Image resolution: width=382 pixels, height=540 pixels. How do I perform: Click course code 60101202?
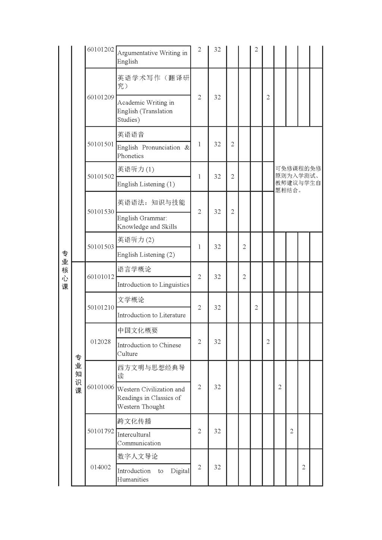pyautogui.click(x=100, y=49)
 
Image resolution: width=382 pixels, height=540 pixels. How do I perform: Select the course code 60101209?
pyautogui.click(x=100, y=97)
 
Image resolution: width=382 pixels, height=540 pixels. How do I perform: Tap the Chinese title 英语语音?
pyautogui.click(x=131, y=134)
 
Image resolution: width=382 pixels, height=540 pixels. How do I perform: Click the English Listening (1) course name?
pyautogui.click(x=146, y=184)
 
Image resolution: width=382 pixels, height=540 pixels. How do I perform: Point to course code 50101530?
pyautogui.click(x=100, y=211)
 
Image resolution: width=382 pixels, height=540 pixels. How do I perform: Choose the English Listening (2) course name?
pyautogui.click(x=146, y=255)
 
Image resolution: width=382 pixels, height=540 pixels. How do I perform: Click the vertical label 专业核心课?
pyautogui.click(x=65, y=270)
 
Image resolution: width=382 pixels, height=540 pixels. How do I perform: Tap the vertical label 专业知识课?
pyautogui.click(x=78, y=373)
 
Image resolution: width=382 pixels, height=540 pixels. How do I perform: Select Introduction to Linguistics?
pyautogui.click(x=153, y=285)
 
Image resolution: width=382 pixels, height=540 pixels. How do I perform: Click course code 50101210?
pyautogui.click(x=100, y=307)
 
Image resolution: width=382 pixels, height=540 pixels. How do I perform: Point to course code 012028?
pyautogui.click(x=100, y=342)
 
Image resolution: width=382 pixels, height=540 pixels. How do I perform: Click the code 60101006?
pyautogui.click(x=100, y=387)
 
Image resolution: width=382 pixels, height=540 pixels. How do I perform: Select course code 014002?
pyautogui.click(x=100, y=467)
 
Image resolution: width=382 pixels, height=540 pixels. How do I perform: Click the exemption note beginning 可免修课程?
pyautogui.click(x=298, y=179)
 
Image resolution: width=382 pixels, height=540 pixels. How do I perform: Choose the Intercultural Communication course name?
pyautogui.click(x=139, y=439)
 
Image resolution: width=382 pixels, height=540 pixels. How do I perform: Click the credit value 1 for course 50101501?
pyautogui.click(x=200, y=144)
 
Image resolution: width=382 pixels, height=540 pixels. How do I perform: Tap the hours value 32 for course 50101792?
pyautogui.click(x=217, y=431)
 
